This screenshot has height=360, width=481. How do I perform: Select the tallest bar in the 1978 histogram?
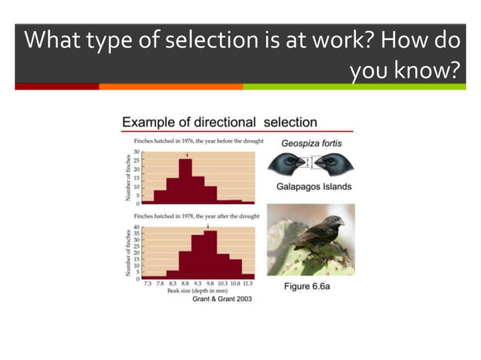pyautogui.click(x=210, y=254)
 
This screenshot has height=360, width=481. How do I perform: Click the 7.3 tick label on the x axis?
pyautogui.click(x=148, y=283)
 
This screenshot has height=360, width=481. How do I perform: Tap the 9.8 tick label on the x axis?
pyautogui.click(x=210, y=283)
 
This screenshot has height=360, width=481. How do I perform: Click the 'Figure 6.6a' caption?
pyautogui.click(x=311, y=288)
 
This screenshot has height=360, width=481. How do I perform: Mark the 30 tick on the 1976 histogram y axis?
pyautogui.click(x=137, y=152)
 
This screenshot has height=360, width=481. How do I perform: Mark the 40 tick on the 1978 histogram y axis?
pyautogui.click(x=136, y=227)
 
